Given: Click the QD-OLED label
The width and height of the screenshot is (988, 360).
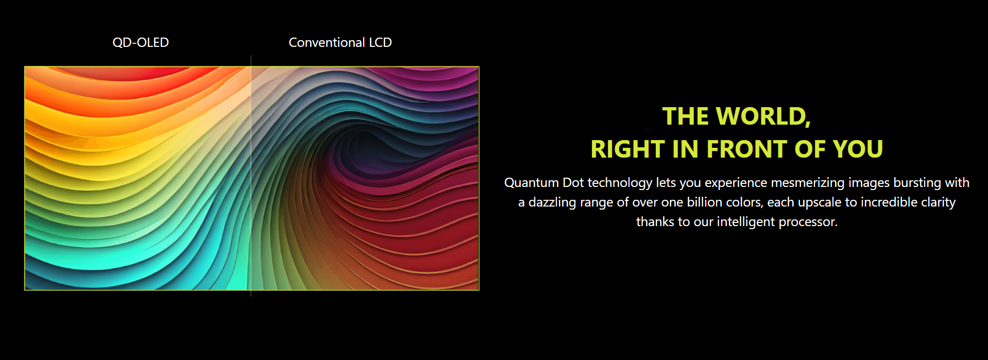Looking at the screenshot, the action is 141,42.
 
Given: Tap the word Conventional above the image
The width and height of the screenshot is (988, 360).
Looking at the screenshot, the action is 327,42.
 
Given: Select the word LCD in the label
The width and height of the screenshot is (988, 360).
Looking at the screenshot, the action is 380,42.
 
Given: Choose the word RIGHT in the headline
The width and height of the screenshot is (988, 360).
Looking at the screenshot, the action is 628,149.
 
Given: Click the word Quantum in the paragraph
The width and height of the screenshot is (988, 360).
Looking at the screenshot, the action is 532,183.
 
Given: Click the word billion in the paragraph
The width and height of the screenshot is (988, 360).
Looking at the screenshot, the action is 705,202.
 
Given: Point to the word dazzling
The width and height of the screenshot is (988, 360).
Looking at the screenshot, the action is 552,203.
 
